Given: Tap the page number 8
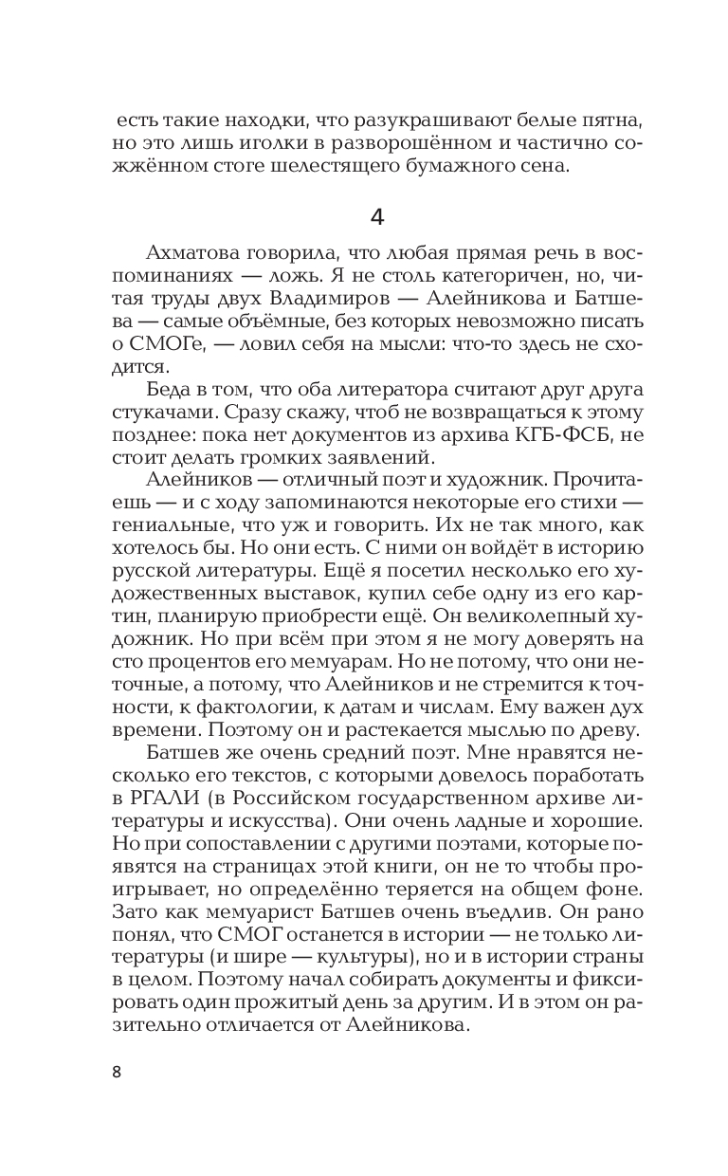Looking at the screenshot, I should click(118, 1073).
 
